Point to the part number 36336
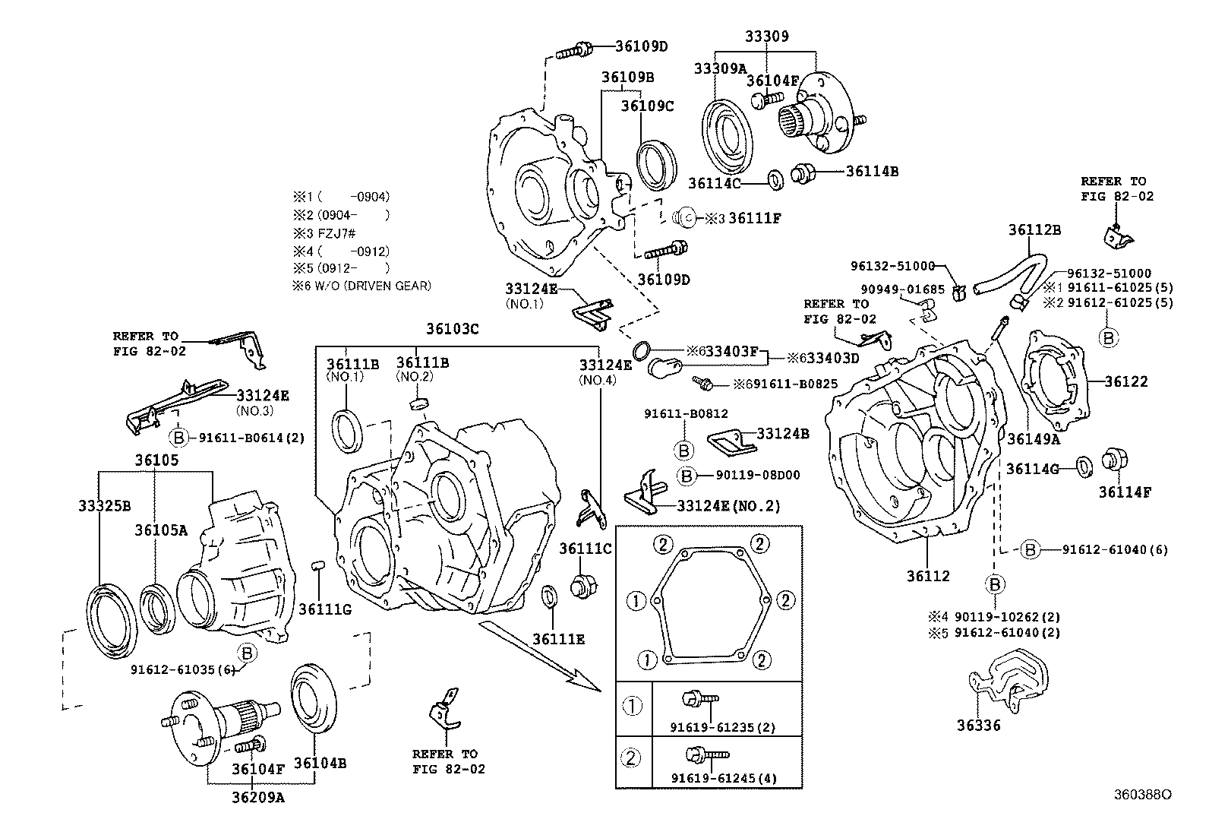click(978, 726)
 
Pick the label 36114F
click(1124, 492)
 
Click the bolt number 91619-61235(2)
click(722, 727)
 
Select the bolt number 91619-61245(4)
click(724, 778)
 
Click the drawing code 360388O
click(1142, 795)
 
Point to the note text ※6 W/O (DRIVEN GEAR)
click(361, 286)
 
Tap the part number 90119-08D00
click(757, 476)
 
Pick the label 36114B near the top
click(872, 172)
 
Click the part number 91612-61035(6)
click(185, 670)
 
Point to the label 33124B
click(783, 434)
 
